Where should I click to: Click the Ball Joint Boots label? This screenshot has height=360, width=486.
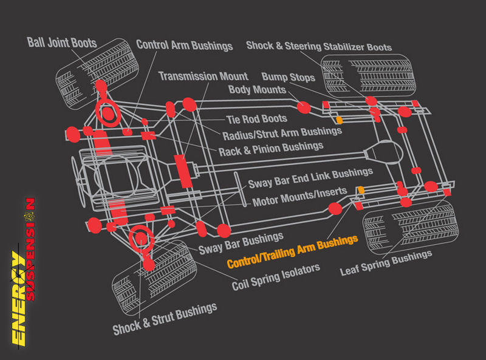pos(62,42)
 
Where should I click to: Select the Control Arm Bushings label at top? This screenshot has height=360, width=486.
pos(184,45)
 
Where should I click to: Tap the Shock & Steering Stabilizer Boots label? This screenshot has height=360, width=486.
pos(318,46)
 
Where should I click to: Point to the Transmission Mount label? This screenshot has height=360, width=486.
pos(203,76)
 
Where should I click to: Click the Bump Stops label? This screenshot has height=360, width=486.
pos(288,77)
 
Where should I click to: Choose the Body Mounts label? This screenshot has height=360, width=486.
pos(257,90)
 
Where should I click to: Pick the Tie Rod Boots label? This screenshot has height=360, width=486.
pos(256,120)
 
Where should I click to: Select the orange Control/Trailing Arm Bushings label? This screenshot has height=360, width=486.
pos(292,252)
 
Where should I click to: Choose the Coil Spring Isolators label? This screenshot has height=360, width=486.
pos(276,277)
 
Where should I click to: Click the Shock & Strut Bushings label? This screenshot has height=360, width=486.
pos(165,319)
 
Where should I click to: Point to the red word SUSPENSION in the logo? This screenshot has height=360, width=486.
pos(29,249)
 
